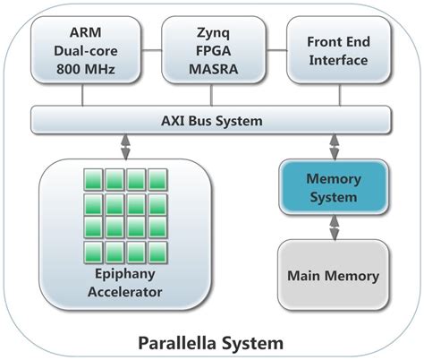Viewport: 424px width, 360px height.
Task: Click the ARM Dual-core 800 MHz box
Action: point(86,52)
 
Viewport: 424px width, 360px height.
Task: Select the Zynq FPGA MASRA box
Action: point(212,52)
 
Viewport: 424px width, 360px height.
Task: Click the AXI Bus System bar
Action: point(212,119)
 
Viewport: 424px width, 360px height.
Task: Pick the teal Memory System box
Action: point(333,188)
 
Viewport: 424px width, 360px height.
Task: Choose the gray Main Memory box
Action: point(333,275)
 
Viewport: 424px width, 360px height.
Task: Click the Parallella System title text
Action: point(211,342)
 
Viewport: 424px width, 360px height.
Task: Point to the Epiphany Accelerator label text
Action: point(126,285)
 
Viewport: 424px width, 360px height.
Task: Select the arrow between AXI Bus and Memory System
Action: point(334,145)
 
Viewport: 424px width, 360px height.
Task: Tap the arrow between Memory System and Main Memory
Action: point(334,227)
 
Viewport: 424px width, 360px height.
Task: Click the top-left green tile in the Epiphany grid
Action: point(92,179)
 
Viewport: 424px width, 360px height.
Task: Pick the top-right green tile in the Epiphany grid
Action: point(161,179)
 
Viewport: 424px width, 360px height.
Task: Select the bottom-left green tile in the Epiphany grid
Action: point(92,251)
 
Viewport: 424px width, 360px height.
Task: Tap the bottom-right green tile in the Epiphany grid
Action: point(161,251)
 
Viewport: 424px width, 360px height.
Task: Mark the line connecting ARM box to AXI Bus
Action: point(86,95)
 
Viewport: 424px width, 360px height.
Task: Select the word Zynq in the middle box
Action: point(212,34)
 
